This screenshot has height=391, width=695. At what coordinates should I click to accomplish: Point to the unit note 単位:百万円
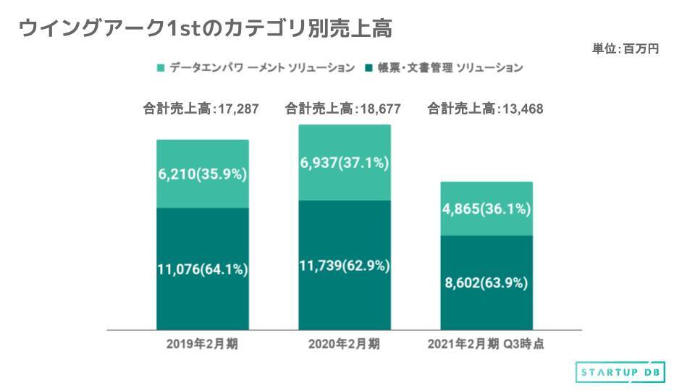click(625, 49)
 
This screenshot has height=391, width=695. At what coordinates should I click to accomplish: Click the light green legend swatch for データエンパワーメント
click(161, 68)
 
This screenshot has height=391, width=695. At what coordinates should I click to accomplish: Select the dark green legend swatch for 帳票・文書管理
click(369, 68)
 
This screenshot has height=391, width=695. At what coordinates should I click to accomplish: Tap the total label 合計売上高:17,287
click(201, 109)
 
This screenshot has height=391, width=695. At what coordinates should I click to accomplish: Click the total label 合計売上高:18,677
click(343, 109)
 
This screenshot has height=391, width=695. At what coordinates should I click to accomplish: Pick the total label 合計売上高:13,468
click(486, 109)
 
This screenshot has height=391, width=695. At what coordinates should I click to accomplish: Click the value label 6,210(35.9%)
click(203, 175)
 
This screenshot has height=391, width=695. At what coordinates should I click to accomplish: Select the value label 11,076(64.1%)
click(203, 269)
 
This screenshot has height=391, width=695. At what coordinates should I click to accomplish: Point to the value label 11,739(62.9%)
click(345, 266)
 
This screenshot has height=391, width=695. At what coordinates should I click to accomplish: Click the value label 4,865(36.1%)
click(486, 210)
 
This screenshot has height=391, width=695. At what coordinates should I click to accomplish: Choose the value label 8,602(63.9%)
click(486, 282)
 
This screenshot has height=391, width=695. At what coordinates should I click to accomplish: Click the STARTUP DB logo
click(620, 371)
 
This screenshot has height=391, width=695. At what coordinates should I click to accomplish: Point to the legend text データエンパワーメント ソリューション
click(262, 68)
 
